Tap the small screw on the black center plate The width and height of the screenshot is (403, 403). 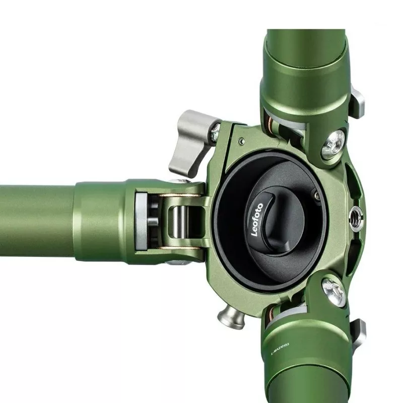pyautogui.click(x=316, y=192)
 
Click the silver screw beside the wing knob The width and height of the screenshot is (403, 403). pyautogui.click(x=216, y=132)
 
